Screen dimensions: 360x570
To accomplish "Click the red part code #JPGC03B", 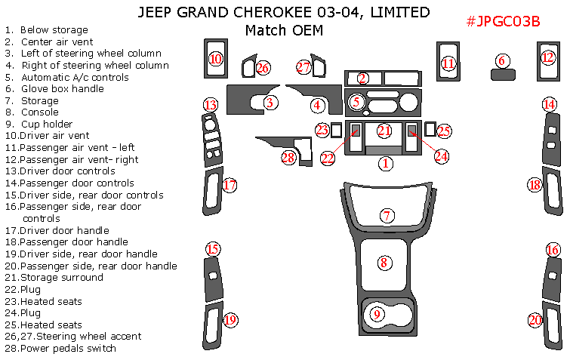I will (x=502, y=21).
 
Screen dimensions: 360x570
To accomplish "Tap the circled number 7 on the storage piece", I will (x=387, y=216).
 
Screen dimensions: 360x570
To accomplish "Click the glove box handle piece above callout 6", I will (x=501, y=74).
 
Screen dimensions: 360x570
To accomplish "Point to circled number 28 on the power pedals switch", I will (x=288, y=157).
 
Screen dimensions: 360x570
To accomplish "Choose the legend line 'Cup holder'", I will (x=46, y=125).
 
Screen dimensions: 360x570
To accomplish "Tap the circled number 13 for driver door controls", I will (x=211, y=105).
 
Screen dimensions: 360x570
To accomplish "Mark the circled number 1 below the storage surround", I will (x=386, y=162).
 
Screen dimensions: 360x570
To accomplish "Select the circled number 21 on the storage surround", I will (x=385, y=131).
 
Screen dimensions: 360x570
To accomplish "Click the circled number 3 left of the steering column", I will (x=270, y=102).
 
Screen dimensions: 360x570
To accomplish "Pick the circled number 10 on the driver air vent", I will (x=216, y=59).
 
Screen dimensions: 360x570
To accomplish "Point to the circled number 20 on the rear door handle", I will (x=535, y=320).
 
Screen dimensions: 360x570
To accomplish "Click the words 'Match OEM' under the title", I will (x=284, y=31).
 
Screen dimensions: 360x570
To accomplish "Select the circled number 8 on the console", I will (x=384, y=263).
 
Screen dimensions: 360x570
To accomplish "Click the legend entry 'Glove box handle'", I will (x=63, y=89).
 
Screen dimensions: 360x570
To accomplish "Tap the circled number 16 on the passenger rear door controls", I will (x=553, y=250).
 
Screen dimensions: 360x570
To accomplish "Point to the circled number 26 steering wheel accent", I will (x=263, y=68).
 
